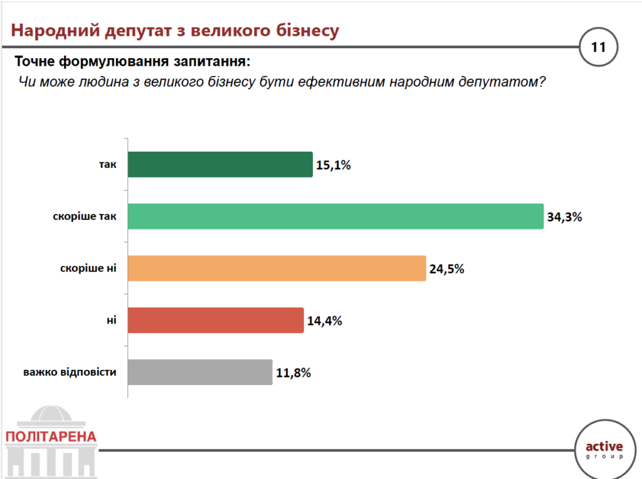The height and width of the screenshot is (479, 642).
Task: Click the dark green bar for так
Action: pyautogui.click(x=220, y=164)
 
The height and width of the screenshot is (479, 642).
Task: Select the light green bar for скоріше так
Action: pyautogui.click(x=335, y=216)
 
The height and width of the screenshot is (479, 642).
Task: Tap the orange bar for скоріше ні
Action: pyautogui.click(x=276, y=268)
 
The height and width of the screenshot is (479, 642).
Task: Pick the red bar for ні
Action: pyautogui.click(x=216, y=320)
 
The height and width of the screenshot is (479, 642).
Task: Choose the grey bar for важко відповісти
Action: pyautogui.click(x=200, y=372)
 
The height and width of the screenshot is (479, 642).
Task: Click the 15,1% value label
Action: pyautogui.click(x=334, y=166)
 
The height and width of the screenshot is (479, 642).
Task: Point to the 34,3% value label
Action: pyautogui.click(x=564, y=218)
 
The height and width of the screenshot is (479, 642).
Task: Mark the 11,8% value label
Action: pyautogui.click(x=293, y=373)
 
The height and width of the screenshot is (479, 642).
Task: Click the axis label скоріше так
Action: pyautogui.click(x=85, y=217)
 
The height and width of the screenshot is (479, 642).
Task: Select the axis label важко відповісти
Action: pyautogui.click(x=70, y=372)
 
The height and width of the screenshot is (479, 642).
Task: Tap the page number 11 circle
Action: pyautogui.click(x=598, y=47)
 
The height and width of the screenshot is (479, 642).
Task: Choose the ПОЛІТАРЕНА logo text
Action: pyautogui.click(x=51, y=436)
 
